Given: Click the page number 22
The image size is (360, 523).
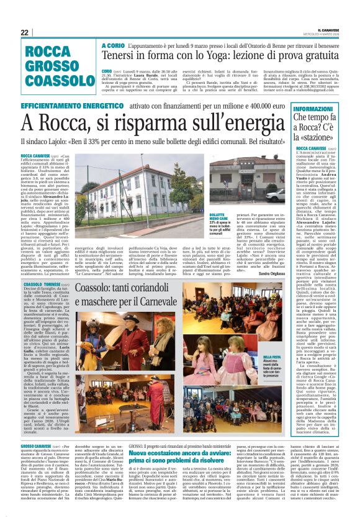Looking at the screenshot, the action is click(25, 32).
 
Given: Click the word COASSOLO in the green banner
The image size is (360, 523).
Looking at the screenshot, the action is click(52, 81).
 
